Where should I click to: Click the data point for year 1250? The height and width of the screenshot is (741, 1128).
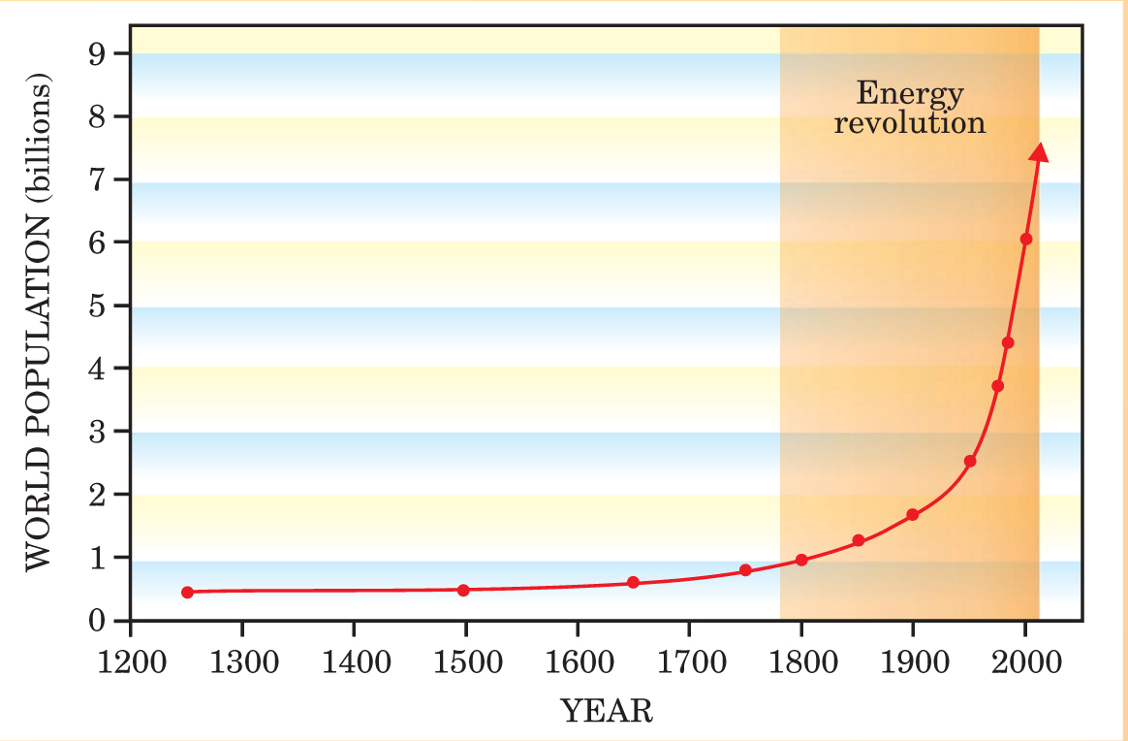[x=187, y=592]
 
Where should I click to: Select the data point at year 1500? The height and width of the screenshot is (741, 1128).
[x=463, y=590]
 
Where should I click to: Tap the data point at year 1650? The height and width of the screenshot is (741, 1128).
[x=633, y=582]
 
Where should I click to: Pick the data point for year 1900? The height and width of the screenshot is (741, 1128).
[x=912, y=514]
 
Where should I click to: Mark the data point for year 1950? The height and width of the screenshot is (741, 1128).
[x=970, y=461]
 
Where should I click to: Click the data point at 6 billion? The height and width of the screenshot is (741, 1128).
[x=1026, y=239]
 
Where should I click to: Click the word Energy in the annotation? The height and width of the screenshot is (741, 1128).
[x=910, y=95]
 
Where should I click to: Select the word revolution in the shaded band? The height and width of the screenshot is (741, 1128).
[x=910, y=124]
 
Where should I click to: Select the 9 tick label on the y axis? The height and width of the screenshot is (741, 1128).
[x=96, y=54]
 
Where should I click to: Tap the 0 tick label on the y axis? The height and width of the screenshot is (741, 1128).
[x=96, y=620]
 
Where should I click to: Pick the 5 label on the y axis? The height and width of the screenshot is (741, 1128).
[x=96, y=306]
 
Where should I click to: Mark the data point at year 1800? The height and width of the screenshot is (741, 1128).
[x=801, y=560]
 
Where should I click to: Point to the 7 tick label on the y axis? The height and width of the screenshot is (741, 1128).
[x=96, y=179]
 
